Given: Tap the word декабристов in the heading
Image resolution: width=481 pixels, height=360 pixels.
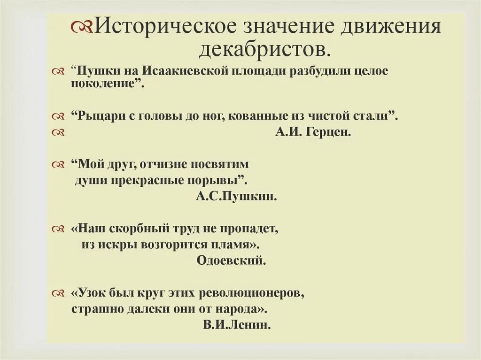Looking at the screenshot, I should tap(261, 47).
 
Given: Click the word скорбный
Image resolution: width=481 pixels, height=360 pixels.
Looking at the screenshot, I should tap(134, 229).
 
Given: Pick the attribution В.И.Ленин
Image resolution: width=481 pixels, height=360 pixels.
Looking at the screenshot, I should tap(237, 325).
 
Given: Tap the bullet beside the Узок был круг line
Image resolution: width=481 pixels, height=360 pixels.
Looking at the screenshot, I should tap(58, 294).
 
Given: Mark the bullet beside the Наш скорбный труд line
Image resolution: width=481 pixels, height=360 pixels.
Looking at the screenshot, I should tap(58, 229).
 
